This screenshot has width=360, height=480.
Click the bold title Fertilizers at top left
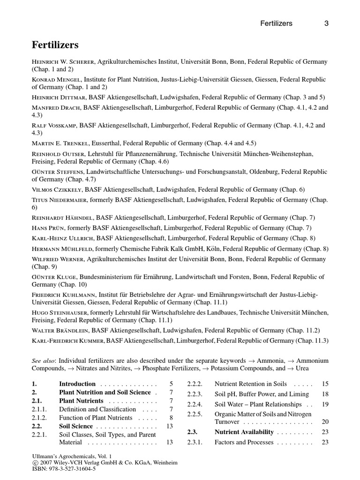coord(55,45)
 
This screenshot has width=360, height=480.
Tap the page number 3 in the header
coord(326,23)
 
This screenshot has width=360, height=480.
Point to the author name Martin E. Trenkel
coord(60,143)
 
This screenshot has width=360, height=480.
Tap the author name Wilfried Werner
coord(57,259)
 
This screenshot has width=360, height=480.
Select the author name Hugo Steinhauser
coord(60,312)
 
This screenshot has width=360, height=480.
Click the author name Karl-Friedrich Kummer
coord(68,340)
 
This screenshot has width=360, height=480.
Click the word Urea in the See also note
coord(319,368)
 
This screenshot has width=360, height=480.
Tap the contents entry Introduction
coord(77,383)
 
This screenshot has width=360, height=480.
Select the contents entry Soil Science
coord(76,426)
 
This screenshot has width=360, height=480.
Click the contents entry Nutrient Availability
coord(244,432)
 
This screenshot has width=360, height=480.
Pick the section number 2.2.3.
coord(195,394)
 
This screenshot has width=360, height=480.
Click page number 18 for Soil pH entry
coord(325,394)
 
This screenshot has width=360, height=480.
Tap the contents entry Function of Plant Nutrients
coord(96,418)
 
